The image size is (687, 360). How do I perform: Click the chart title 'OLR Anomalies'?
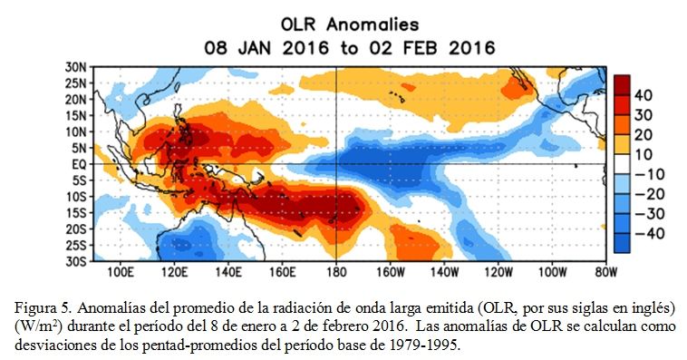click(350, 24)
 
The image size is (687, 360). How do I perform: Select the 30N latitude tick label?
click(76, 67)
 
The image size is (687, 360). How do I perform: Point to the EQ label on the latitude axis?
click(79, 164)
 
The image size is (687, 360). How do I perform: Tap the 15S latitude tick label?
click(76, 213)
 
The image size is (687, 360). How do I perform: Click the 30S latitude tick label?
click(76, 261)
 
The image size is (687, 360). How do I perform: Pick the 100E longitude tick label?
click(120, 272)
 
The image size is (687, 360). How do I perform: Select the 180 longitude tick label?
click(336, 272)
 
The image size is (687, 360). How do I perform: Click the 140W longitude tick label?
click(444, 272)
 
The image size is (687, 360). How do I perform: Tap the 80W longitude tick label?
click(606, 272)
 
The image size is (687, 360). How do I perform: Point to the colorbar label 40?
click(643, 95)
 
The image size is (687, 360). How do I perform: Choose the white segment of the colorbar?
click(622, 164)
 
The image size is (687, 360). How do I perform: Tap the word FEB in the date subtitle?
click(420, 48)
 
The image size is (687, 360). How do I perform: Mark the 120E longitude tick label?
click(174, 272)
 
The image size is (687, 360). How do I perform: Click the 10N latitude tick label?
click(76, 132)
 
